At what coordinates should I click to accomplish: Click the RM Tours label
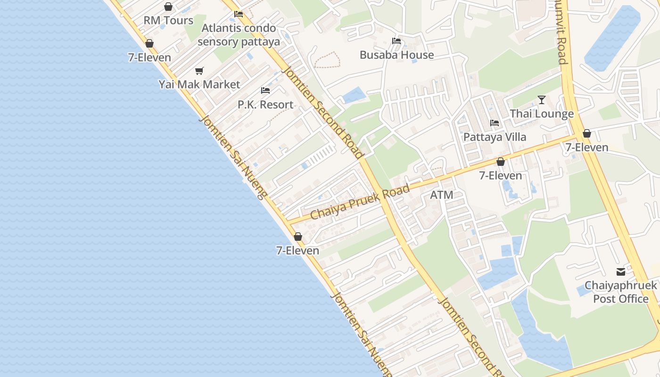(x=168, y=21)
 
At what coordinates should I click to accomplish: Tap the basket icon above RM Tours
(x=168, y=7)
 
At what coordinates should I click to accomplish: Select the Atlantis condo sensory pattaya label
(x=239, y=35)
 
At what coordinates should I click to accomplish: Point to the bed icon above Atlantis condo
(x=239, y=14)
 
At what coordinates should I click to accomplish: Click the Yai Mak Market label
(x=199, y=85)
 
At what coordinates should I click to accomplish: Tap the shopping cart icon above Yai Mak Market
(x=199, y=71)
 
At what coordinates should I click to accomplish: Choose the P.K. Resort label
(x=265, y=105)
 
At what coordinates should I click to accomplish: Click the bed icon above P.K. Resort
(x=265, y=90)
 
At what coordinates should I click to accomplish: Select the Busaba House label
(x=396, y=55)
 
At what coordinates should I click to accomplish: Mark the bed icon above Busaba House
(x=396, y=41)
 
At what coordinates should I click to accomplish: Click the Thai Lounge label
(x=542, y=114)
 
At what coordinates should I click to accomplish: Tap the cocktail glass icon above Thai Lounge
(x=542, y=100)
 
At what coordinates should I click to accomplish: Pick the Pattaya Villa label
(x=495, y=137)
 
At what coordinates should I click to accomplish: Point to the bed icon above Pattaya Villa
(x=495, y=123)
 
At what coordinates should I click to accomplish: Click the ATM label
(x=442, y=195)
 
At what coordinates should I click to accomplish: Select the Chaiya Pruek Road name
(x=360, y=203)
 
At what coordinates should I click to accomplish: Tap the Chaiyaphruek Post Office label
(x=620, y=292)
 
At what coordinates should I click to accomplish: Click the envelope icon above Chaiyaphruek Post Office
(x=620, y=272)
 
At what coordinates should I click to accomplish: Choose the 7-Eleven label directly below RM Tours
(x=149, y=57)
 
